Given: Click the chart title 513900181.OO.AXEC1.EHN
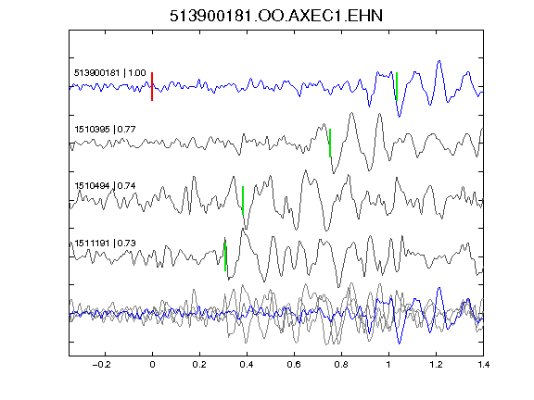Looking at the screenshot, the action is click(x=276, y=16).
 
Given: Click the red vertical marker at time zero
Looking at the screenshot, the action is click(x=152, y=86).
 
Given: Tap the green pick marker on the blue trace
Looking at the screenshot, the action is click(x=397, y=86).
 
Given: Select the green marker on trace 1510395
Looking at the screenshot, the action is click(x=330, y=143).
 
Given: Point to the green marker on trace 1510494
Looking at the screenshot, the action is click(x=243, y=200).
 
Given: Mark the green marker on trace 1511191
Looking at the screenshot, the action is click(x=225, y=256).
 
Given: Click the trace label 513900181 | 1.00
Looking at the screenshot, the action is click(x=110, y=73).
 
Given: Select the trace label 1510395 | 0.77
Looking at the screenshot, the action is click(x=106, y=130).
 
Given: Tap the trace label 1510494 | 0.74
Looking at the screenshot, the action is click(x=106, y=186).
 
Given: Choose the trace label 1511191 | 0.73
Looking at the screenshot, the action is click(x=106, y=244).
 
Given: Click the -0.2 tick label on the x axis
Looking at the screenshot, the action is click(x=101, y=365).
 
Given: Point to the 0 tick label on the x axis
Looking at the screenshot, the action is click(x=152, y=365).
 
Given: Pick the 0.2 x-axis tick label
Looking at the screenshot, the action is click(x=199, y=365).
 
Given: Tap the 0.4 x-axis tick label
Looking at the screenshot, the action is click(x=247, y=365).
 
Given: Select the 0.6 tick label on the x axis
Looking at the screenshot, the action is click(x=294, y=365).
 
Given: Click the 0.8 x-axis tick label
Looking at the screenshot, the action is click(x=341, y=365).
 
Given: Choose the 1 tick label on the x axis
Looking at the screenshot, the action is click(x=388, y=365).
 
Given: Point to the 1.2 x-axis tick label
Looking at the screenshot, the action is click(x=436, y=365).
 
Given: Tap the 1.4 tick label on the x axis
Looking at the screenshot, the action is click(x=483, y=365).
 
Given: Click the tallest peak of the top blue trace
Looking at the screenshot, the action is click(x=439, y=61).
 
